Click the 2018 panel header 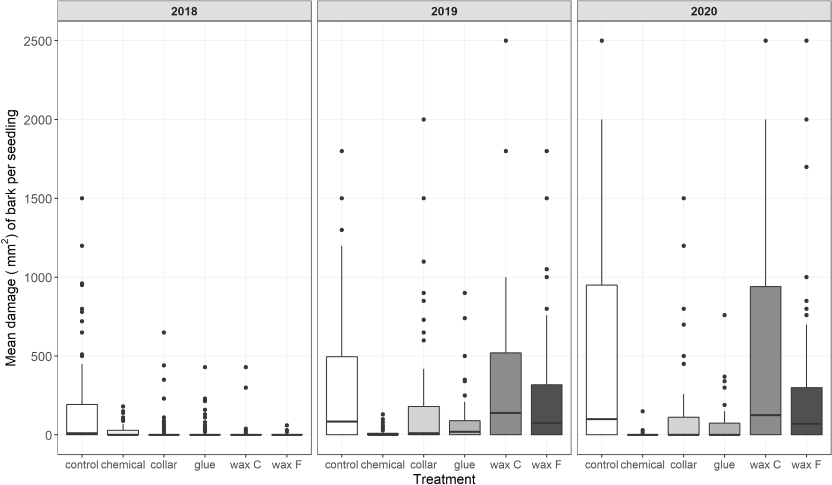pos(184,11)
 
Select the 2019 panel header pos(444,11)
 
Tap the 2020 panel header pos(703,11)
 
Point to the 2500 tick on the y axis pos(38,41)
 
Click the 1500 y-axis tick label pos(38,198)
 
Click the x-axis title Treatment pos(444,478)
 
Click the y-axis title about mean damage pos(11,238)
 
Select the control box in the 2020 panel pos(602,352)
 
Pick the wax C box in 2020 pos(765,352)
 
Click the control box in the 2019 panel pos(342,385)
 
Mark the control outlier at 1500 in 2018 pos(82,198)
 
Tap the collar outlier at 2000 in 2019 pos(424,120)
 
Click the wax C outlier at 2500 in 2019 pos(506,41)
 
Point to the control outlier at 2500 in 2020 pos(602,41)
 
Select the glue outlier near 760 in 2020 pos(724,315)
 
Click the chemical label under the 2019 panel pos(383,465)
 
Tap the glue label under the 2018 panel pos(204,465)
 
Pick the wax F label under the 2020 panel pos(806,465)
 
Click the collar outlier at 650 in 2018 pos(164,333)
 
